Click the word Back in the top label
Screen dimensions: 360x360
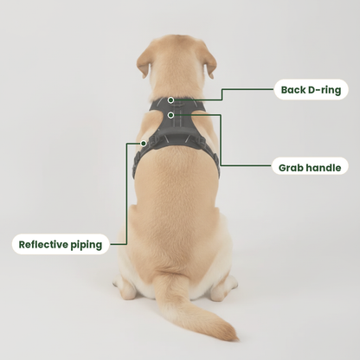293,90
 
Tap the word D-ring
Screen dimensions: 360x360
325,90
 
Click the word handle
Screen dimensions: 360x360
324,168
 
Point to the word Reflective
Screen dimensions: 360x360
43,245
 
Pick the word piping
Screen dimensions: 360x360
87,245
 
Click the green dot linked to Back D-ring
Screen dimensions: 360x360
170,100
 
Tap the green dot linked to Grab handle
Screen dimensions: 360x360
170,115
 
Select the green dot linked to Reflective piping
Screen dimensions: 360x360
144,143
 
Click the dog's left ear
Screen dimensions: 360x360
144,62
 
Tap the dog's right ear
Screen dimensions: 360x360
210,63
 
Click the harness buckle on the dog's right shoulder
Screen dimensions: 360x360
201,141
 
